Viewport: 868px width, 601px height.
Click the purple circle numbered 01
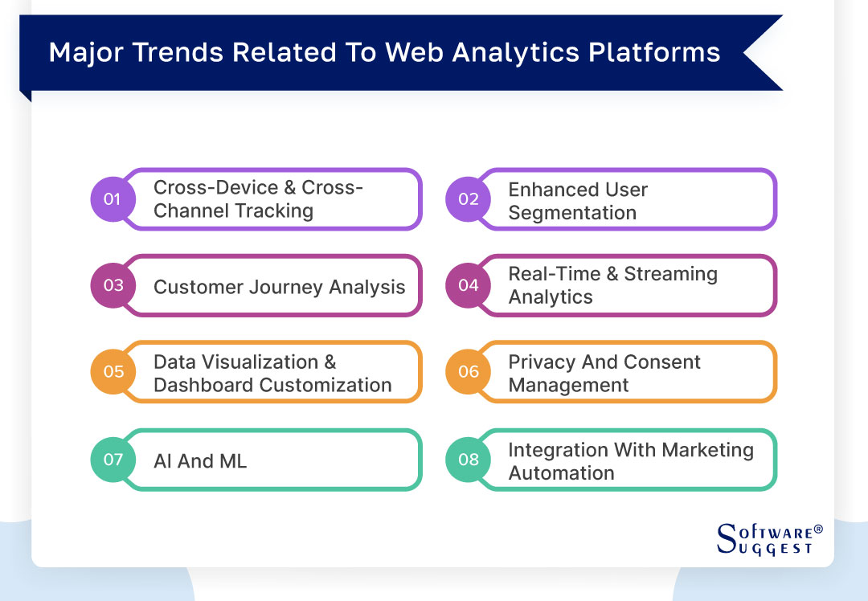coord(113,198)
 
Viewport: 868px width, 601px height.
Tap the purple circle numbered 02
coord(468,198)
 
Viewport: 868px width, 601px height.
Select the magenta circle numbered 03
coord(113,285)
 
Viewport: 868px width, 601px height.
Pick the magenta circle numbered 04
coord(468,285)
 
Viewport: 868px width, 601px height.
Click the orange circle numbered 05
coord(113,372)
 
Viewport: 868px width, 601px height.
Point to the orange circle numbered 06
coord(468,372)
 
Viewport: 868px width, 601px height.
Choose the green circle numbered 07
coord(113,460)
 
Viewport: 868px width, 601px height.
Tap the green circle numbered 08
coord(468,460)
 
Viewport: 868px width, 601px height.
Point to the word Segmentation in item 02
coord(572,213)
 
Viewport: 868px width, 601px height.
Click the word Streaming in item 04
coord(670,274)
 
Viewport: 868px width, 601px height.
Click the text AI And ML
coord(200,461)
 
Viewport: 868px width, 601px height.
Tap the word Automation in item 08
coord(561,473)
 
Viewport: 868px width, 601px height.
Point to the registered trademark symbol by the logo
coord(818,529)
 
